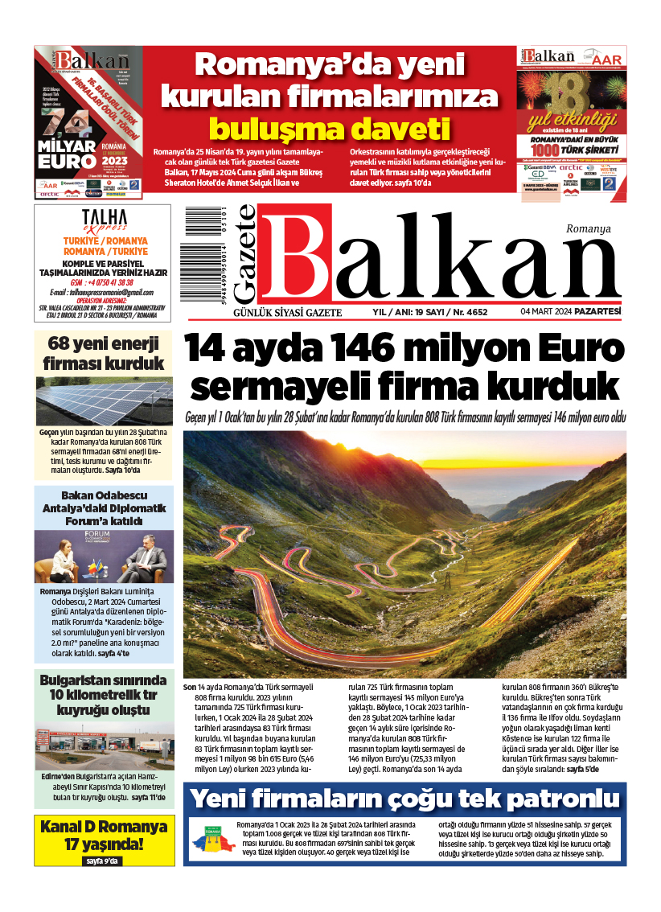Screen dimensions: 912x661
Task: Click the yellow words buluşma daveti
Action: [329, 129]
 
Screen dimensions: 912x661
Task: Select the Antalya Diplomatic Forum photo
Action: [104, 557]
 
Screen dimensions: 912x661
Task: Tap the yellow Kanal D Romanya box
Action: [104, 841]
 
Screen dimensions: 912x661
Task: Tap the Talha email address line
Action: [101, 291]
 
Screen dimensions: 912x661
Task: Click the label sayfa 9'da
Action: [103, 861]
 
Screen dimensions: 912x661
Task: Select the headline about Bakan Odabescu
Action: [104, 508]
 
